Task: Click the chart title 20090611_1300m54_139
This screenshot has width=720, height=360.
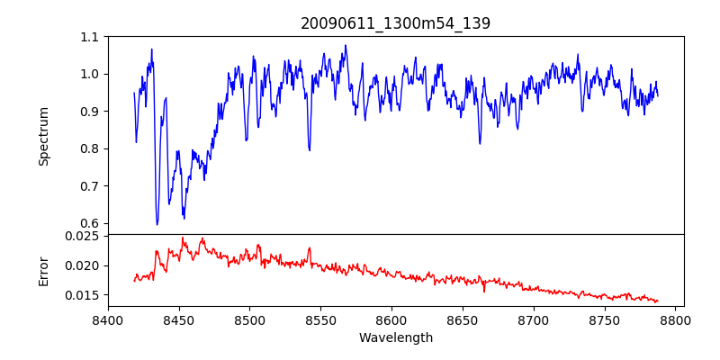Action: pyautogui.click(x=395, y=23)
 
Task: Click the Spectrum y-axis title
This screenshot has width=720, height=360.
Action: pyautogui.click(x=44, y=136)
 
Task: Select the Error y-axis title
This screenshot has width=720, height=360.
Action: pyautogui.click(x=44, y=271)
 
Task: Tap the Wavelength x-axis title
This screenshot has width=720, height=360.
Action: pyautogui.click(x=395, y=338)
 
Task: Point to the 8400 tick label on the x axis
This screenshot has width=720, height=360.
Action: pyautogui.click(x=108, y=319)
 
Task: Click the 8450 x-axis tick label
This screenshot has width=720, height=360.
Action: pyautogui.click(x=179, y=319)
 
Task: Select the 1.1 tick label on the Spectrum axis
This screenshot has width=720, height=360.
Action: pyautogui.click(x=90, y=37)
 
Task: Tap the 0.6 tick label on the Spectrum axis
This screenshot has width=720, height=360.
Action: pyautogui.click(x=90, y=223)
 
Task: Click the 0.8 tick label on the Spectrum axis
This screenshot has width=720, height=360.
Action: pyautogui.click(x=90, y=148)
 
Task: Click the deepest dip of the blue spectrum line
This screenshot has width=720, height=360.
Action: pyautogui.click(x=157, y=224)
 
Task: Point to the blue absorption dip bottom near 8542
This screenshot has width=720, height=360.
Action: pyautogui.click(x=310, y=150)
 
